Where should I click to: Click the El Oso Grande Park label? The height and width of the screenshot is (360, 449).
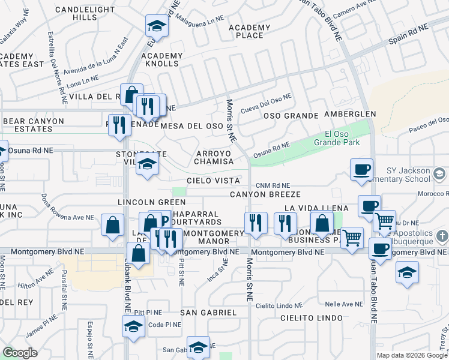click(342, 138)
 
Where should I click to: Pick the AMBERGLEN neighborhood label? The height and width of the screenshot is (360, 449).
click(350, 114)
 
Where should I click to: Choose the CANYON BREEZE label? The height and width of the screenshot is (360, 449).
click(265, 194)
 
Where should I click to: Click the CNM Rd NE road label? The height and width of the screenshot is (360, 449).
click(273, 186)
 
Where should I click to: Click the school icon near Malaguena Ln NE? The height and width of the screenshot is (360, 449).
click(157, 26)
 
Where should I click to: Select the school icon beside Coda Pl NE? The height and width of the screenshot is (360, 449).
click(133, 326)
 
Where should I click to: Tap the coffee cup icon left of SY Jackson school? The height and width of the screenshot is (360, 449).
click(361, 170)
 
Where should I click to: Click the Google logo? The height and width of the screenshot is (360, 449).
click(20, 353)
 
